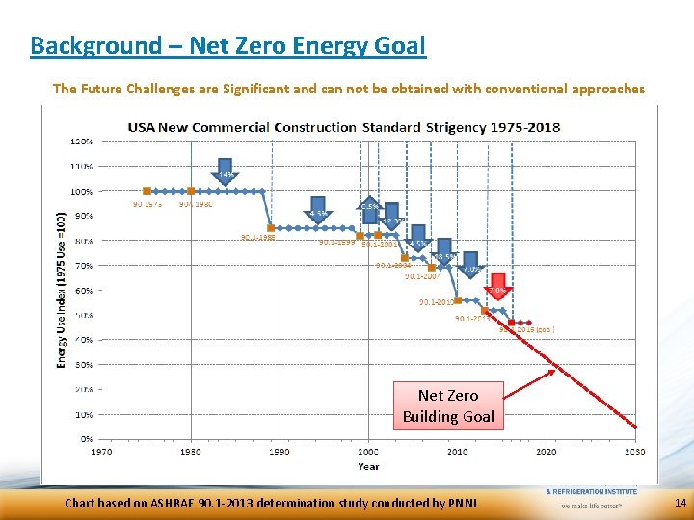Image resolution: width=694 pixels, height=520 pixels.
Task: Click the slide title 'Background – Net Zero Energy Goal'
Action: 227,45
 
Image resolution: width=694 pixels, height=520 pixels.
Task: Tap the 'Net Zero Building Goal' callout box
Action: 448,405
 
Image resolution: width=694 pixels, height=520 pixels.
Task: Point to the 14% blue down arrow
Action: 225,172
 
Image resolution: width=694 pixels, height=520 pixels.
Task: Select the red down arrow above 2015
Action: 497,288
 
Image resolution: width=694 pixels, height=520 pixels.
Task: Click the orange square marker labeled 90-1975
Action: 147,191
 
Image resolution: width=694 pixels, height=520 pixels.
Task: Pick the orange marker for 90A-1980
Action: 191,191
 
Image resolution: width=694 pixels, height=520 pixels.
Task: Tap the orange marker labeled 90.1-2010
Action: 458,299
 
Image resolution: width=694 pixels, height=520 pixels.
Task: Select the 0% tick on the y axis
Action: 86,439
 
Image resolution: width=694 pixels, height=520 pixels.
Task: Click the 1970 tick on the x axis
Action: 101,451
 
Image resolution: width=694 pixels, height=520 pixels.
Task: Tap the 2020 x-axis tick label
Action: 546,451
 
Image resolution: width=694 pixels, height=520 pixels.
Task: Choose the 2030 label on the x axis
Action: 634,451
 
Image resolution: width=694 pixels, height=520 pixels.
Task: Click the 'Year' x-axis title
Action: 367,466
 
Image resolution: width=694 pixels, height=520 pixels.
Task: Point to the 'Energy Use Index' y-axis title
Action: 61,289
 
